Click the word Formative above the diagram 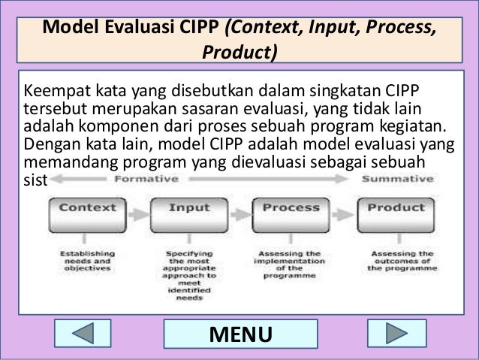click(146, 180)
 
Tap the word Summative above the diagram click(396, 180)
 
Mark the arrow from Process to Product click(344, 208)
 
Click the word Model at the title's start click(72, 28)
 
